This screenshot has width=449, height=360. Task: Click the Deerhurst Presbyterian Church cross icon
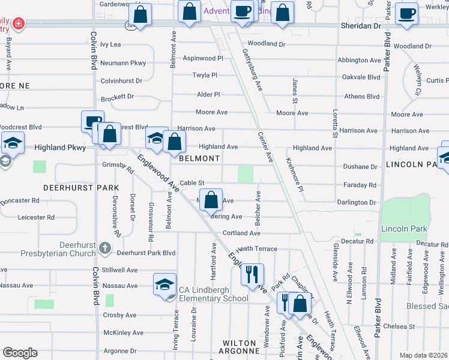point(104,248)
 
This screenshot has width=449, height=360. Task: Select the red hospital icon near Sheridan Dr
point(19,23)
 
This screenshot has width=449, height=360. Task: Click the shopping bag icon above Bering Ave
point(211,200)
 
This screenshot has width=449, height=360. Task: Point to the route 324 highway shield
point(130,25)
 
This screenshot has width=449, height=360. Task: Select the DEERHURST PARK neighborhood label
point(81,188)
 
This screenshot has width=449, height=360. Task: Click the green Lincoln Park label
point(403,229)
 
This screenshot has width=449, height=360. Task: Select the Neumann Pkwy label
point(123,63)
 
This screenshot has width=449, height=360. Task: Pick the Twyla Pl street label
point(205,75)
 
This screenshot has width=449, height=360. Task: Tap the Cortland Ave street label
point(241,233)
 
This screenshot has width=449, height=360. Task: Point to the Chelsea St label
point(399,326)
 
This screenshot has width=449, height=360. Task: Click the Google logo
point(20,353)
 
